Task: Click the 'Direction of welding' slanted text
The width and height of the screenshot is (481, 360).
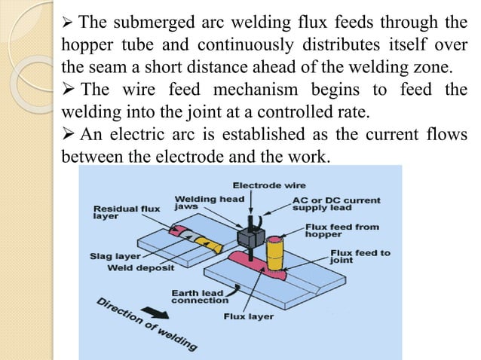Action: click(147, 324)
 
